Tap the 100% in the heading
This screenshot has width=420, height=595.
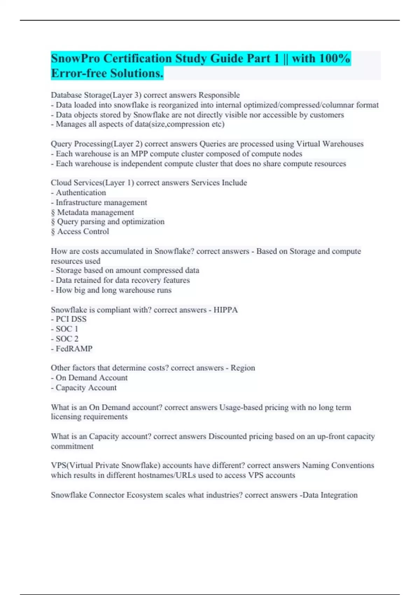[334, 58]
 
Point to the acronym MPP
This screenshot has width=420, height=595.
[139, 154]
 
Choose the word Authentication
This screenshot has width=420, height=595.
[81, 192]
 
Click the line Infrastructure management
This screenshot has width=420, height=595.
[101, 202]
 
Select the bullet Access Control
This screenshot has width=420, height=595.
[83, 231]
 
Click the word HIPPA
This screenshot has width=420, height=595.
[225, 310]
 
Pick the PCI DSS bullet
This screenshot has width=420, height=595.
[71, 319]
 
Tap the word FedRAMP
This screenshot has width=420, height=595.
[74, 349]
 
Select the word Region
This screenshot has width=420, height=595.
[243, 368]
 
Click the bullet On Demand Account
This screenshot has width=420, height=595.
[91, 378]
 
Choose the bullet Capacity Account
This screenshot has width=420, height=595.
[86, 387]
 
